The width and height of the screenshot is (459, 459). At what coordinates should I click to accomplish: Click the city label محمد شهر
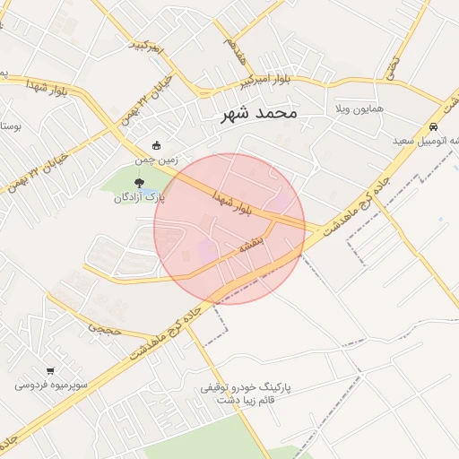[x=258, y=115]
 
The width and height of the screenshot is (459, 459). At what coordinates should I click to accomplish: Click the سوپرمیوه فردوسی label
[x=50, y=385]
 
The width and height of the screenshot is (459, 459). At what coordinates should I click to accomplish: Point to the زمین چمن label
[x=157, y=160]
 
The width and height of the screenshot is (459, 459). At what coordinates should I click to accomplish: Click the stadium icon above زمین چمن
[x=157, y=145]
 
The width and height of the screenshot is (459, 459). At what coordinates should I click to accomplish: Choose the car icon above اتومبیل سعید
[x=434, y=127]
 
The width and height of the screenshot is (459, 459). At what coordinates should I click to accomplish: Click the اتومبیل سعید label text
[x=427, y=142]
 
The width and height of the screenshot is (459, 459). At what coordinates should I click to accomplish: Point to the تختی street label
[x=392, y=64]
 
